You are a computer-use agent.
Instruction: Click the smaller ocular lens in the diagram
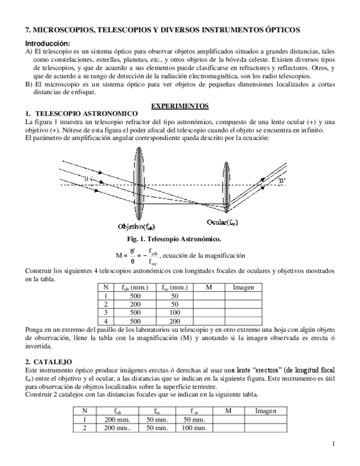pos(226,186)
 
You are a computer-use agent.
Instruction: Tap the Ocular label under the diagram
pos(222,222)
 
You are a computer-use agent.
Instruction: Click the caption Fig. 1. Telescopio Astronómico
pos(180,239)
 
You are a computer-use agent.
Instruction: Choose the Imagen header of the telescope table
pos(243,287)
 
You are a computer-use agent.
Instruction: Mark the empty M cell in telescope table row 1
pos(209,295)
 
